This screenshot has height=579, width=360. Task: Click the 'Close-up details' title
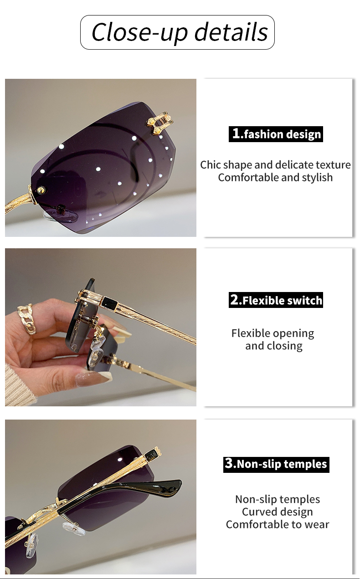[x=180, y=32]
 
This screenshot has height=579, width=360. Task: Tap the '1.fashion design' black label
[x=276, y=134]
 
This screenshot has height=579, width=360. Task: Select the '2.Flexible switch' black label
[x=276, y=300]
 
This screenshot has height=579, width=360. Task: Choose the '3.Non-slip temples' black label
[x=276, y=465]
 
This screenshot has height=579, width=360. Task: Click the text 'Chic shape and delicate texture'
[x=275, y=165]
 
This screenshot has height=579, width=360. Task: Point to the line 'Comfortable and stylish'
[x=275, y=178]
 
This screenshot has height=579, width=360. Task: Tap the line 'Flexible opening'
[x=273, y=333]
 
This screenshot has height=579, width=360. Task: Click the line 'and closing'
[x=273, y=346]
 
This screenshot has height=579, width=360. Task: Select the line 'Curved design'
[x=277, y=512]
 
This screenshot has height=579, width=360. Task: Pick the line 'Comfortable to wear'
[x=277, y=524]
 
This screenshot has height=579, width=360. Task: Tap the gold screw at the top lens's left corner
[x=41, y=190]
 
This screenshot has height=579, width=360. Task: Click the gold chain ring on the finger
[x=26, y=319]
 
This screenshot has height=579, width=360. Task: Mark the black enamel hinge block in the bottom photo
[x=151, y=457]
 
